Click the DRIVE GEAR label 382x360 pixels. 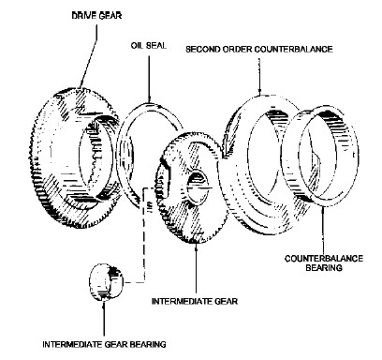pyautogui.click(x=96, y=16)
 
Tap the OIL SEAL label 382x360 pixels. pyautogui.click(x=149, y=46)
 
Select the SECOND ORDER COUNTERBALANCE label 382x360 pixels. pyautogui.click(x=259, y=50)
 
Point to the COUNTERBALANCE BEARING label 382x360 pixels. pyautogui.click(x=324, y=263)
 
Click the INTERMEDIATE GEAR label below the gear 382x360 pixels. pyautogui.click(x=195, y=301)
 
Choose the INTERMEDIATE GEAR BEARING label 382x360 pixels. pyautogui.click(x=104, y=344)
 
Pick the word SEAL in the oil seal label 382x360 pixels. pyautogui.click(x=156, y=46)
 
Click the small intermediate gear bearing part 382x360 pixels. pyautogui.click(x=106, y=282)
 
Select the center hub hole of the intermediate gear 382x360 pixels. pyautogui.click(x=197, y=187)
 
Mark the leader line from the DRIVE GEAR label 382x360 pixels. pyautogui.click(x=89, y=56)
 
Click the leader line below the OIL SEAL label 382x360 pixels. pyautogui.click(x=149, y=80)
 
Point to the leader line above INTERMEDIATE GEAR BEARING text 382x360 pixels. pyautogui.click(x=104, y=318)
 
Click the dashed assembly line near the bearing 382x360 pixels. pyautogui.click(x=144, y=234)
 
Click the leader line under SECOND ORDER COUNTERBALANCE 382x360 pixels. pyautogui.click(x=259, y=75)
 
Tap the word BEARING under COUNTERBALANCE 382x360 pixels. pyautogui.click(x=324, y=268)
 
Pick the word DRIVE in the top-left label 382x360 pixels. pyautogui.click(x=83, y=16)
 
